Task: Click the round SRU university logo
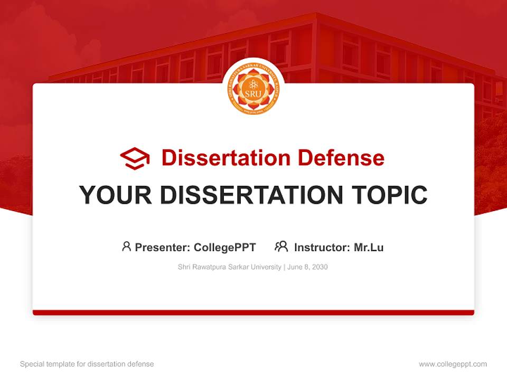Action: (x=253, y=88)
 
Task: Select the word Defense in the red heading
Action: (x=341, y=158)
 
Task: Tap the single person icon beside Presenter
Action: (x=126, y=246)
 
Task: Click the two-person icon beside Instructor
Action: (x=281, y=246)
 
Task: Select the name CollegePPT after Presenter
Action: (x=225, y=247)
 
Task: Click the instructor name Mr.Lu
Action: (x=369, y=247)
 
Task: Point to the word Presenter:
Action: (x=163, y=247)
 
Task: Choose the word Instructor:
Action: (x=322, y=247)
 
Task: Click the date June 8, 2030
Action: (x=308, y=267)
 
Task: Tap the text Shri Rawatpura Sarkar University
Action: (x=230, y=267)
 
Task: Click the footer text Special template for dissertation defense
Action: (x=87, y=364)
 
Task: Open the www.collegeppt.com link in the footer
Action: (x=453, y=364)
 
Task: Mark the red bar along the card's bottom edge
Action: (x=253, y=312)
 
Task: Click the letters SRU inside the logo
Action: (x=253, y=94)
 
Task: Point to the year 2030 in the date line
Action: (x=320, y=267)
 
